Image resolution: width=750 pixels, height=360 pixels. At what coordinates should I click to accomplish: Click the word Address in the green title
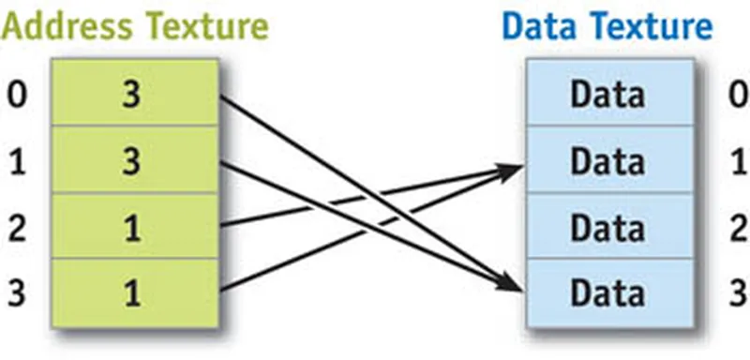[66, 26]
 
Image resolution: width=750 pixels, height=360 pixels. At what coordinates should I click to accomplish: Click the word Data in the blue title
[539, 26]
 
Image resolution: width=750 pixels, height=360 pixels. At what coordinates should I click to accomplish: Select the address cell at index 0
[135, 92]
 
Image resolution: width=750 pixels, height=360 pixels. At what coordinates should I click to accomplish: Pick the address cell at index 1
[135, 159]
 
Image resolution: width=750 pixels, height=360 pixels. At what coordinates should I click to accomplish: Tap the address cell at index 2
[135, 226]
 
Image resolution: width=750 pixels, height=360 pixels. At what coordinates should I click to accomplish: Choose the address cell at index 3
[135, 293]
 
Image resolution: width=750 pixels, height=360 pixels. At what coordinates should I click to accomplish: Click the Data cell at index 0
[610, 92]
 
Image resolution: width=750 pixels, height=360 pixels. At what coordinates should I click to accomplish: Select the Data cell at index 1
[610, 159]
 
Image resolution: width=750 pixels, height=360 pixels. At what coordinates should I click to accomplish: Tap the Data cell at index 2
[610, 226]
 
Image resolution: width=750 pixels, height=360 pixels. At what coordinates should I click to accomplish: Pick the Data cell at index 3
[610, 293]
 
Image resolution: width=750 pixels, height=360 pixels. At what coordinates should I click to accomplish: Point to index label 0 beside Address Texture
[17, 95]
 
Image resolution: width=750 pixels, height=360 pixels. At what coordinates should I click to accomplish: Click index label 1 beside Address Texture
[17, 161]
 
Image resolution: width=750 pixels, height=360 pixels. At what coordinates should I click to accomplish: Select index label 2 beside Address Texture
[17, 228]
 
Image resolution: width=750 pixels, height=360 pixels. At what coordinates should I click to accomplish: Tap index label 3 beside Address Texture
[17, 293]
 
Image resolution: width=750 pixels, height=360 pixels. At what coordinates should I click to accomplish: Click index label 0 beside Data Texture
[738, 95]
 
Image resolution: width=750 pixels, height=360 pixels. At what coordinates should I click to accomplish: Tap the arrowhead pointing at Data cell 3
[508, 282]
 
